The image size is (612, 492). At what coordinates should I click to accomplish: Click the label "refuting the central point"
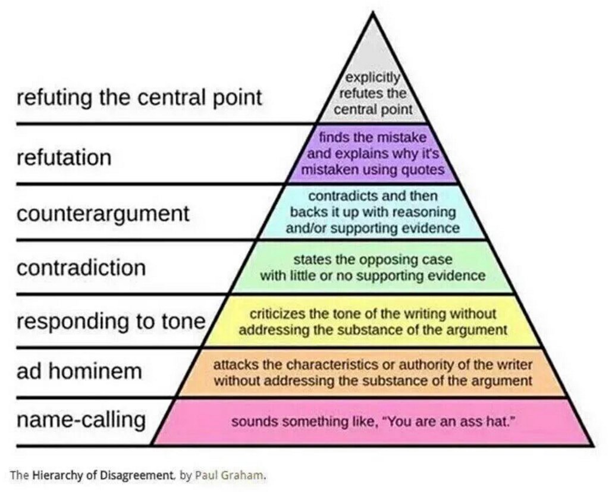point(139,98)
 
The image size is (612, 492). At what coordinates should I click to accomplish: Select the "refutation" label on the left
point(64,158)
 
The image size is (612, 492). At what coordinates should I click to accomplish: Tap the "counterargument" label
point(103,214)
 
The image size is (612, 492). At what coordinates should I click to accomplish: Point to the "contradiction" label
point(81,267)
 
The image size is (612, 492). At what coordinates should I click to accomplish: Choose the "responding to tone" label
point(111,321)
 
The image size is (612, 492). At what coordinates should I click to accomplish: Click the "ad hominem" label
point(79,371)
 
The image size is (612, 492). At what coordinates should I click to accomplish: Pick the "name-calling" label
point(81,419)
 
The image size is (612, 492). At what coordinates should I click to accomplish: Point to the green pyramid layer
point(373,268)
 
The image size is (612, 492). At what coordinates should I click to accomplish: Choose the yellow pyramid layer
point(373,321)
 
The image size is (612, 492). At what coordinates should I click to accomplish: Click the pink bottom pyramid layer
point(373,422)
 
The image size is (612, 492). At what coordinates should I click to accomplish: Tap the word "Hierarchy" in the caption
point(54,475)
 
